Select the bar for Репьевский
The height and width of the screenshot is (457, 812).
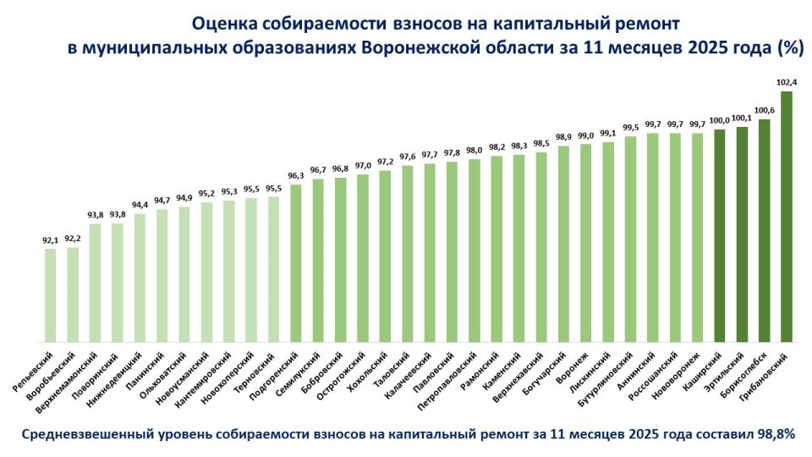coord(51,295)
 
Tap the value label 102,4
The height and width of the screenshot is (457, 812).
coord(786,83)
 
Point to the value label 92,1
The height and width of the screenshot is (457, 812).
coord(51,240)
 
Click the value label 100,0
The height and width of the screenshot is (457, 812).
coord(719,121)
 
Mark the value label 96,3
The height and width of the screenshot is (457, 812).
coord(296,176)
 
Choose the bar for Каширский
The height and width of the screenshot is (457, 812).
coord(719,236)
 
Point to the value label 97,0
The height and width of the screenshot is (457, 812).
coord(363,166)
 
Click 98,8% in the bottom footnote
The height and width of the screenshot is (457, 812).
coord(776,433)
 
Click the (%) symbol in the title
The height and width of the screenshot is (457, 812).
coord(789,48)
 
